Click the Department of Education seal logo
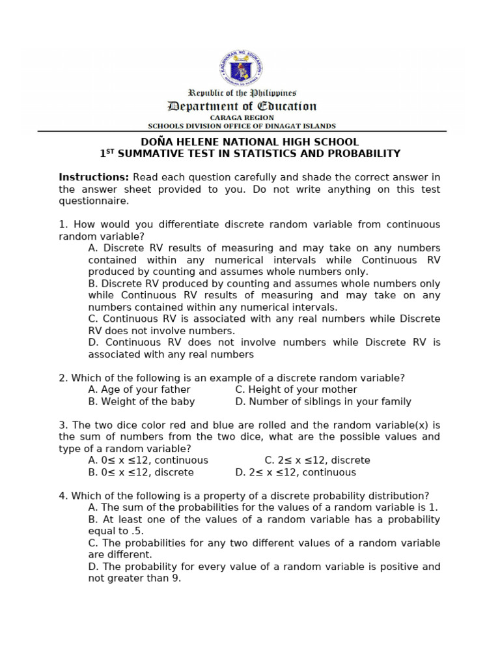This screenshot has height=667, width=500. [x=242, y=68]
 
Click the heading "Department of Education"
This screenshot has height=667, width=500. [x=242, y=106]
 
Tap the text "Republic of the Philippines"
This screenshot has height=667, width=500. [x=242, y=93]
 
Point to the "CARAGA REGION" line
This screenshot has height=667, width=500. [x=242, y=118]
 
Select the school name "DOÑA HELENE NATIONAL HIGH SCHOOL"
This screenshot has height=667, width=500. [x=250, y=142]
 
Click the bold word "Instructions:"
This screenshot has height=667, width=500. [x=94, y=177]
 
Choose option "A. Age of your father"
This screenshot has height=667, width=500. [x=139, y=390]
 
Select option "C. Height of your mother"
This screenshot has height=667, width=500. [x=296, y=390]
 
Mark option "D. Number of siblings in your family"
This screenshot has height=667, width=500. [x=323, y=401]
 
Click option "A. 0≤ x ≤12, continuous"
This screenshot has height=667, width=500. [x=148, y=460]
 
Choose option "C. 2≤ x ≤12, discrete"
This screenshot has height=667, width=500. [x=317, y=460]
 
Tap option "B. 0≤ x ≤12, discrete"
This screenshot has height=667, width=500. [x=141, y=472]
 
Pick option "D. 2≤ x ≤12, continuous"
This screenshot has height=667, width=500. [x=296, y=472]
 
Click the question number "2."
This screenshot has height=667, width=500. [x=63, y=378]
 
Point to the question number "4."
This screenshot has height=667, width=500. [x=63, y=496]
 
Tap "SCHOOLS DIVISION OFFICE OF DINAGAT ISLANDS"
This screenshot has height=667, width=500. [x=242, y=126]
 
